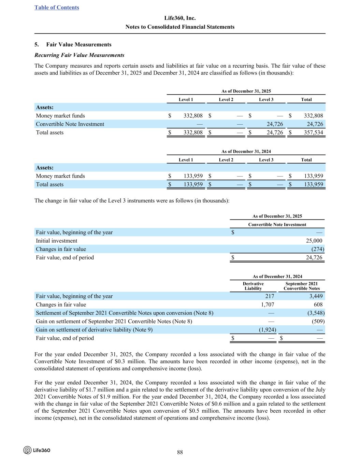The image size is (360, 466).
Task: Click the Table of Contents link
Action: pyautogui.click(x=57, y=8)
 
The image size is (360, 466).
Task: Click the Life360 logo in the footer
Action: pyautogui.click(x=37, y=450)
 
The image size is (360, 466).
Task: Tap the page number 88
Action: pyautogui.click(x=180, y=452)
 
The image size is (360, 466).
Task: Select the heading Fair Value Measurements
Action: pyautogui.click(x=78, y=45)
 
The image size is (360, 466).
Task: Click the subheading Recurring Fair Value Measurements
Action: pyautogui.click(x=79, y=55)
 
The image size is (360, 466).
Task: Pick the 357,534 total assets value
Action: pyautogui.click(x=313, y=133)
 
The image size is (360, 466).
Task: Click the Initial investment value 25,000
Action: pyautogui.click(x=314, y=241)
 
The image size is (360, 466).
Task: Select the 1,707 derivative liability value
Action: pyautogui.click(x=267, y=305)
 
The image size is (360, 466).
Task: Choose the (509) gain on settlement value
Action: pyautogui.click(x=318, y=321)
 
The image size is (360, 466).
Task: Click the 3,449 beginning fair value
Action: pyautogui.click(x=316, y=296)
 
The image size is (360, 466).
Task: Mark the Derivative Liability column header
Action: pyautogui.click(x=253, y=286)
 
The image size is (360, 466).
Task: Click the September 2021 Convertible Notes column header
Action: pyautogui.click(x=302, y=286)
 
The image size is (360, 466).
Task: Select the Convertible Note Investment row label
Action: pyautogui.click(x=70, y=124)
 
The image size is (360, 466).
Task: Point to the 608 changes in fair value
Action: pyautogui.click(x=318, y=305)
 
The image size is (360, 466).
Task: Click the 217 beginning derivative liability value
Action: pyautogui.click(x=269, y=296)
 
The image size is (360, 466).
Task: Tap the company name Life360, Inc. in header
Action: pyautogui.click(x=180, y=18)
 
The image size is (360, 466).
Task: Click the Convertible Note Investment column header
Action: pyautogui.click(x=277, y=225)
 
